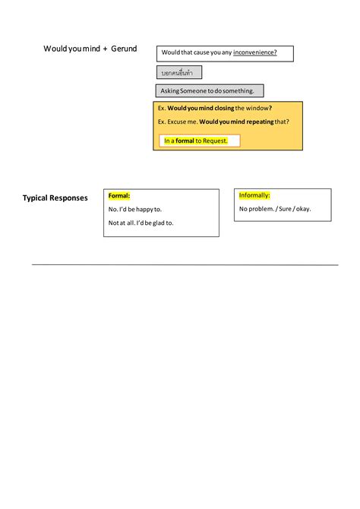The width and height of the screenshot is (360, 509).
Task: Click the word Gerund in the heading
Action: [x=124, y=49]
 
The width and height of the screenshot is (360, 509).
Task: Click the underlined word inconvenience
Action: [x=254, y=52]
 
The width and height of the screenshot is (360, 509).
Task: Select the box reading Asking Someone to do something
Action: [x=209, y=91]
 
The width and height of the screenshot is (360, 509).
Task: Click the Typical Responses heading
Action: [x=55, y=198]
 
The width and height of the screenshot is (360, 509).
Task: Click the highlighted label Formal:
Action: [x=119, y=196]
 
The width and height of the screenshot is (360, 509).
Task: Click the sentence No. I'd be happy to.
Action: [x=135, y=209]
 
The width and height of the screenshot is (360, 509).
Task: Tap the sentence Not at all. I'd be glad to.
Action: [x=141, y=223]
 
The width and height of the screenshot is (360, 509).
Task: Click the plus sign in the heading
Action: [x=105, y=49]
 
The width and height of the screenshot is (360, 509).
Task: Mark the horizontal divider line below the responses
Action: [x=185, y=264]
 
